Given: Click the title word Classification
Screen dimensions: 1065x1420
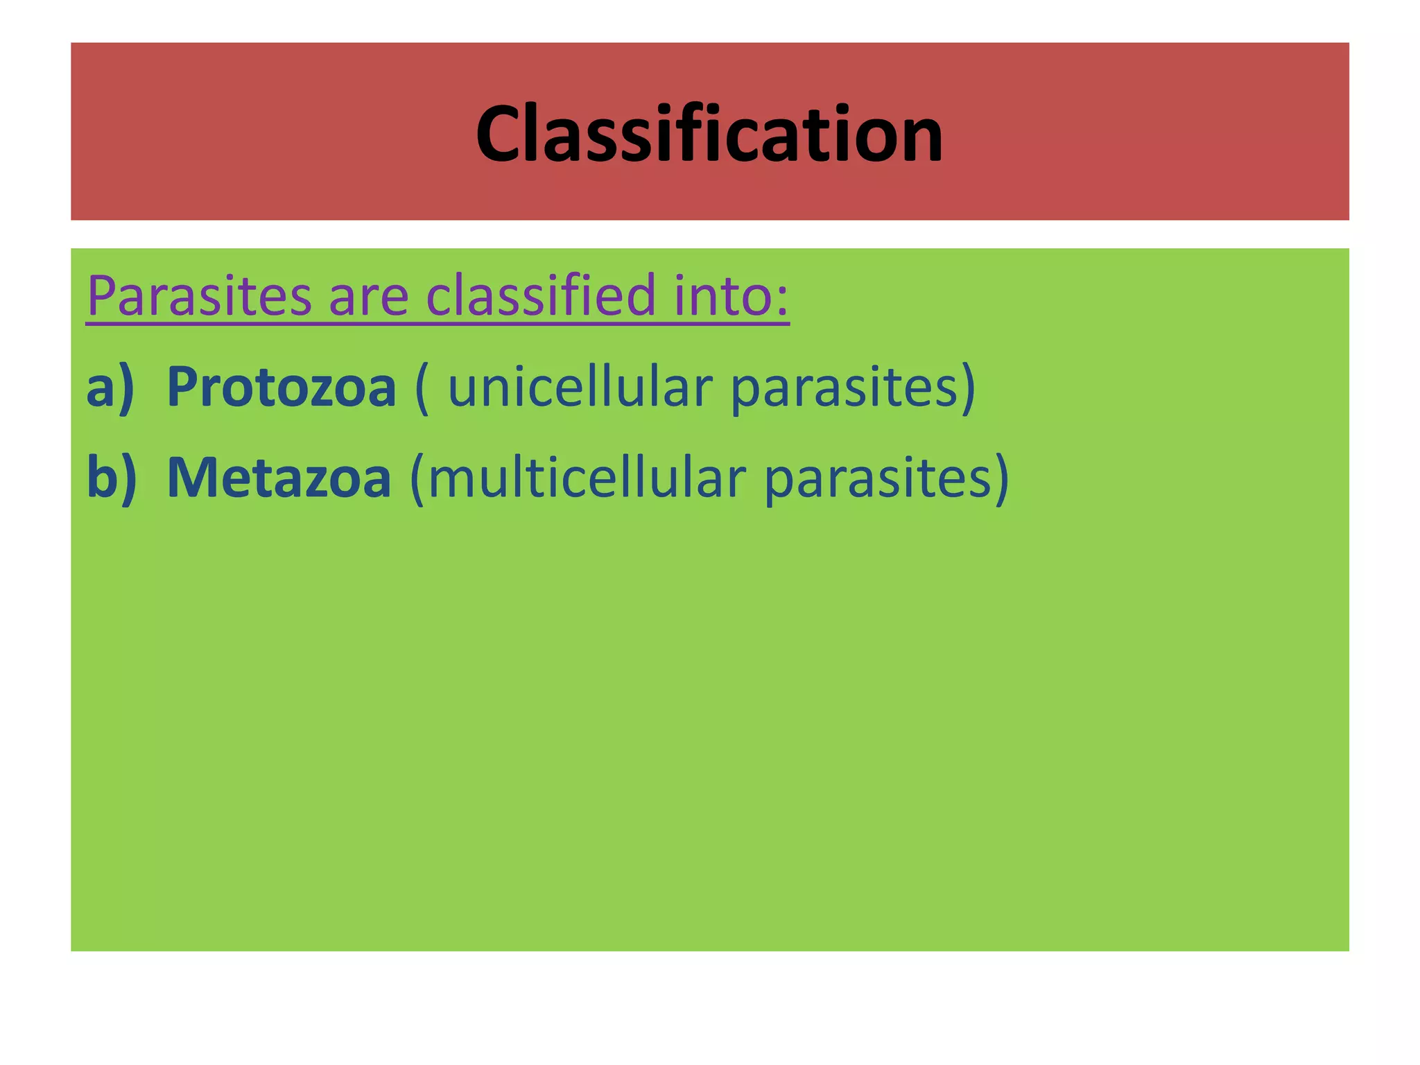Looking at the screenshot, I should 709,133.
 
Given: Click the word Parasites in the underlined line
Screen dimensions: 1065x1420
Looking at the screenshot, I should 199,296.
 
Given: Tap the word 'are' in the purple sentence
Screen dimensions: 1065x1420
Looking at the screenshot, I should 368,296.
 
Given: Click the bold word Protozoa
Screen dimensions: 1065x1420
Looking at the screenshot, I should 281,387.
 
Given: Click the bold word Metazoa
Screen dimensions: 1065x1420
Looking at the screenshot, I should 279,478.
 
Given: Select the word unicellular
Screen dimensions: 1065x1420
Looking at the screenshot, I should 580,386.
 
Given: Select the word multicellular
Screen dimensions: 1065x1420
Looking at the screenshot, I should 587,478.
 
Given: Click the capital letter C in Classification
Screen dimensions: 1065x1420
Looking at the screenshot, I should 501,134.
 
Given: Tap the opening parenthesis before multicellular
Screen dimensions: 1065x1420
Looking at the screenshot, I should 417,479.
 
